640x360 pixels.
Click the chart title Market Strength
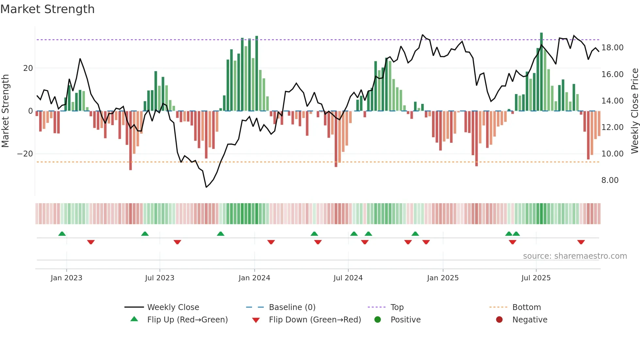47,9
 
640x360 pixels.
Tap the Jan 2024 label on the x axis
254,278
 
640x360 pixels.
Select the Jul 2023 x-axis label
160,278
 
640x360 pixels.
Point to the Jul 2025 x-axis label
536,278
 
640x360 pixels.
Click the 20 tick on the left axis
28,68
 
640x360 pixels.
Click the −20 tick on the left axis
25,154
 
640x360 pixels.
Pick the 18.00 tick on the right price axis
612,48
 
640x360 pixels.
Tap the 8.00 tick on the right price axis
610,180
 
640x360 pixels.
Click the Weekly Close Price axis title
634,111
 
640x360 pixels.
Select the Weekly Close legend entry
173,307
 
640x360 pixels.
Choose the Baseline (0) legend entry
292,307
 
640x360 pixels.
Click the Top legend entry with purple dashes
397,307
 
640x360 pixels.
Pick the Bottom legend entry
526,307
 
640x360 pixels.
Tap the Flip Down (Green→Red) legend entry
314,320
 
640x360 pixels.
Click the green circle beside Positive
377,320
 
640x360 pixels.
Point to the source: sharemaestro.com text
575,256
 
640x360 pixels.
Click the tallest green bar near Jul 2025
541,72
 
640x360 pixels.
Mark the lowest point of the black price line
206,187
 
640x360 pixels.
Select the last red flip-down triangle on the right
581,242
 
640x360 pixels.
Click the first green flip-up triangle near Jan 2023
62,234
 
